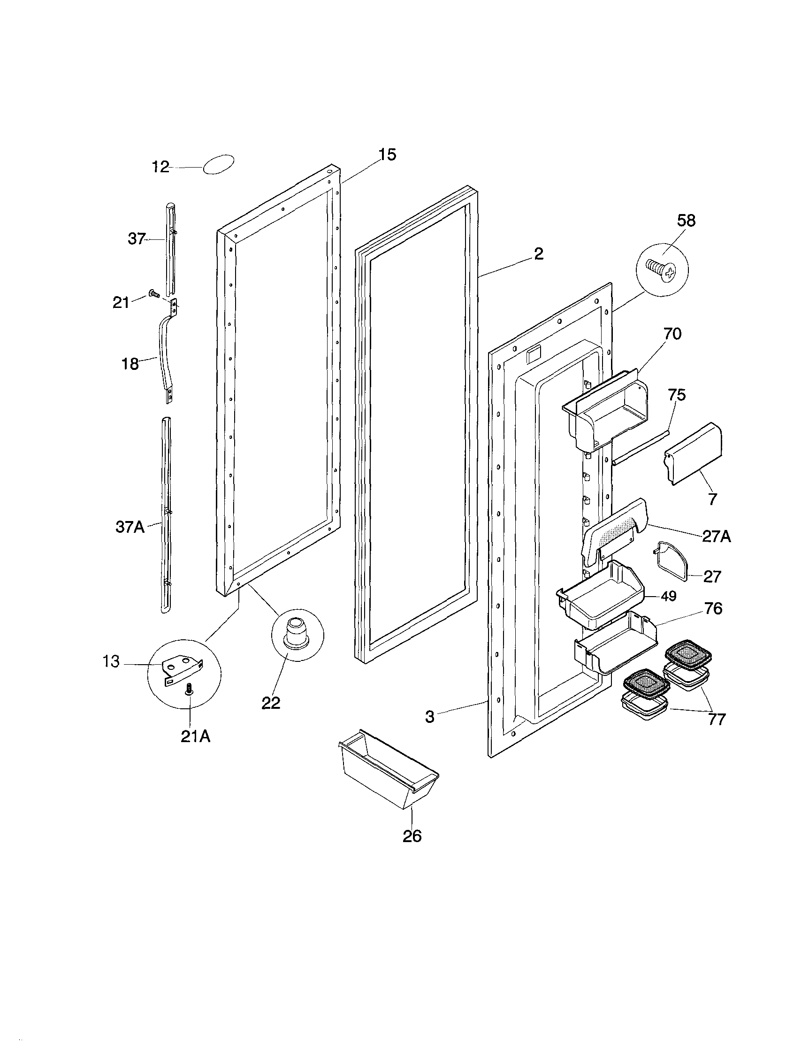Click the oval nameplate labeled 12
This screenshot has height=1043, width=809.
click(219, 164)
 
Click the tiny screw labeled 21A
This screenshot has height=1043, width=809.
click(189, 689)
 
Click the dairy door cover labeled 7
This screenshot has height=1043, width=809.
click(693, 452)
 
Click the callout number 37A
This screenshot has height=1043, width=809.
click(130, 527)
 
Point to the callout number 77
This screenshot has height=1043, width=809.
click(717, 719)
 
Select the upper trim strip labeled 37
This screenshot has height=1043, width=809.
click(170, 248)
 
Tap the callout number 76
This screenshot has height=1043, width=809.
click(714, 608)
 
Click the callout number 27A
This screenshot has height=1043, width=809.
click(717, 537)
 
